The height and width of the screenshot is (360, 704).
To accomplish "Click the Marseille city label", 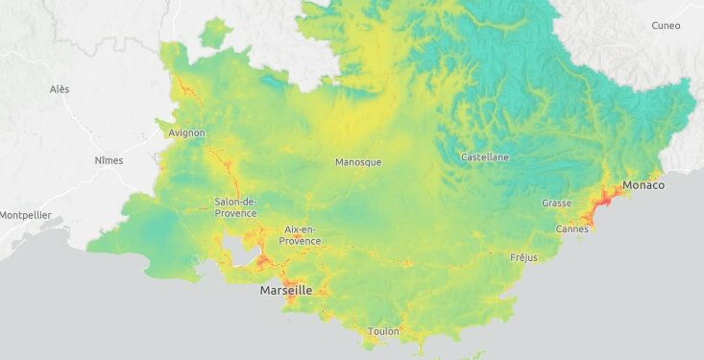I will pyautogui.click(x=286, y=290).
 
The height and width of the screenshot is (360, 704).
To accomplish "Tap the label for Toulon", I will pyautogui.click(x=383, y=331).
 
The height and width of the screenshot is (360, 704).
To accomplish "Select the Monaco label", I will pyautogui.click(x=643, y=184).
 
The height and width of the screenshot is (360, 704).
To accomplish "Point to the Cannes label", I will pyautogui.click(x=572, y=229).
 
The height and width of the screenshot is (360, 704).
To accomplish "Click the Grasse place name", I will pyautogui.click(x=556, y=204).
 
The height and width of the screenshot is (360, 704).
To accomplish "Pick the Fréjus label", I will pyautogui.click(x=523, y=257).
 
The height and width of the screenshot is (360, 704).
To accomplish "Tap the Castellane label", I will pyautogui.click(x=485, y=156).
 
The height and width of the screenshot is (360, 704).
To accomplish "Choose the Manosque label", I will pyautogui.click(x=358, y=162).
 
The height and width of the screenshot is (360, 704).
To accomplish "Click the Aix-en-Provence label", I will pyautogui.click(x=300, y=235).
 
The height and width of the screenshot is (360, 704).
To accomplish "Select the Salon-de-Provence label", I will pyautogui.click(x=235, y=206).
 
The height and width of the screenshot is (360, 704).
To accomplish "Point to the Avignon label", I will pyautogui.click(x=185, y=132).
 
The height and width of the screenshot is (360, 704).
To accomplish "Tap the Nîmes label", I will pyautogui.click(x=109, y=160).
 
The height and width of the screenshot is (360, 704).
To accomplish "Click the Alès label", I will pyautogui.click(x=60, y=89).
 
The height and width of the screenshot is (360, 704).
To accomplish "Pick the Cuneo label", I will pyautogui.click(x=665, y=26).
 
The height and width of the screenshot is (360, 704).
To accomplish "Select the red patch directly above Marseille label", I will pyautogui.click(x=288, y=272).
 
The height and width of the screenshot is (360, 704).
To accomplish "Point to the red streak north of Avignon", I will pyautogui.click(x=184, y=92).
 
